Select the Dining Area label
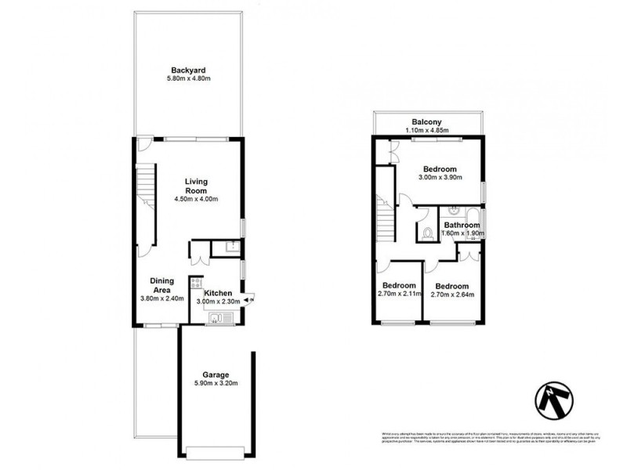pyautogui.click(x=161, y=284)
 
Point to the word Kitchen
pyautogui.click(x=219, y=293)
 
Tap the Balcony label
pyautogui.click(x=428, y=121)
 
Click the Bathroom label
pyautogui.click(x=462, y=225)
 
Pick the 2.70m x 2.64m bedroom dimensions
pyautogui.click(x=451, y=295)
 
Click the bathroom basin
pyautogui.click(x=452, y=211)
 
